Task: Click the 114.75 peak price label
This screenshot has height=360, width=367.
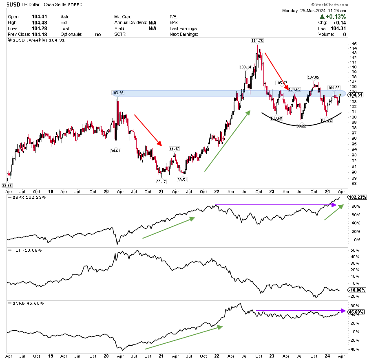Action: pos(257,40)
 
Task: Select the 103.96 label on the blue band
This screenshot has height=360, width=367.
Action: pos(117,93)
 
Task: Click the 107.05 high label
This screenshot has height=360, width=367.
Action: pos(314,77)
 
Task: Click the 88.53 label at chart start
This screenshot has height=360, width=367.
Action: pos(8,186)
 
